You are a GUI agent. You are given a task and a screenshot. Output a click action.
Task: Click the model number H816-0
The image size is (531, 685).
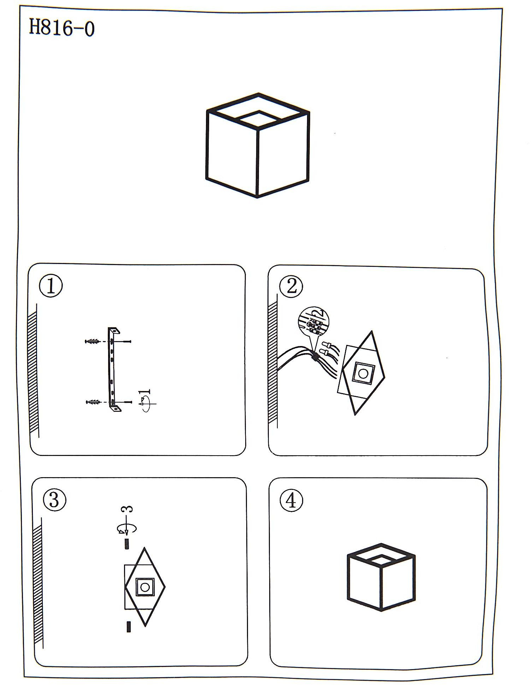tap(61, 28)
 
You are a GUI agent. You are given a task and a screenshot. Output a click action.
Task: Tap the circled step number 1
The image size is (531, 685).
tap(51, 286)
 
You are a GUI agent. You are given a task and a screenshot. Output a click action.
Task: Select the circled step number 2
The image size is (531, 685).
tap(291, 286)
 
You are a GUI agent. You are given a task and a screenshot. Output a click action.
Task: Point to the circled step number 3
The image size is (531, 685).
tap(54, 500)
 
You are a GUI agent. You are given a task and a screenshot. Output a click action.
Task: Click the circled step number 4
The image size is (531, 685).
tap(291, 500)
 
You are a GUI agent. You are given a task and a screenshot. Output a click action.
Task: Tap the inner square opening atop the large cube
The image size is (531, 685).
tap(258, 119)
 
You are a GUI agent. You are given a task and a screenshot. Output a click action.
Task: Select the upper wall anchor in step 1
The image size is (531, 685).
tap(92, 341)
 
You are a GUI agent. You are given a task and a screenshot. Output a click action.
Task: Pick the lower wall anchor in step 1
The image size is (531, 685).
tap(93, 402)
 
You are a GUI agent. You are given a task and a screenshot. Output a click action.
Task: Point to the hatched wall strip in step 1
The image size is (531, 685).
tap(33, 371)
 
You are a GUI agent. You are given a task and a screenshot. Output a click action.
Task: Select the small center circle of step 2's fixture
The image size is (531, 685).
tap(363, 374)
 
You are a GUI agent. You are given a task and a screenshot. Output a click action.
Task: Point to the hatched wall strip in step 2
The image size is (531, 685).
tap(273, 362)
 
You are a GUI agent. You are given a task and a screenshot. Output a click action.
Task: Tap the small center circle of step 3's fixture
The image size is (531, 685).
tap(145, 587)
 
